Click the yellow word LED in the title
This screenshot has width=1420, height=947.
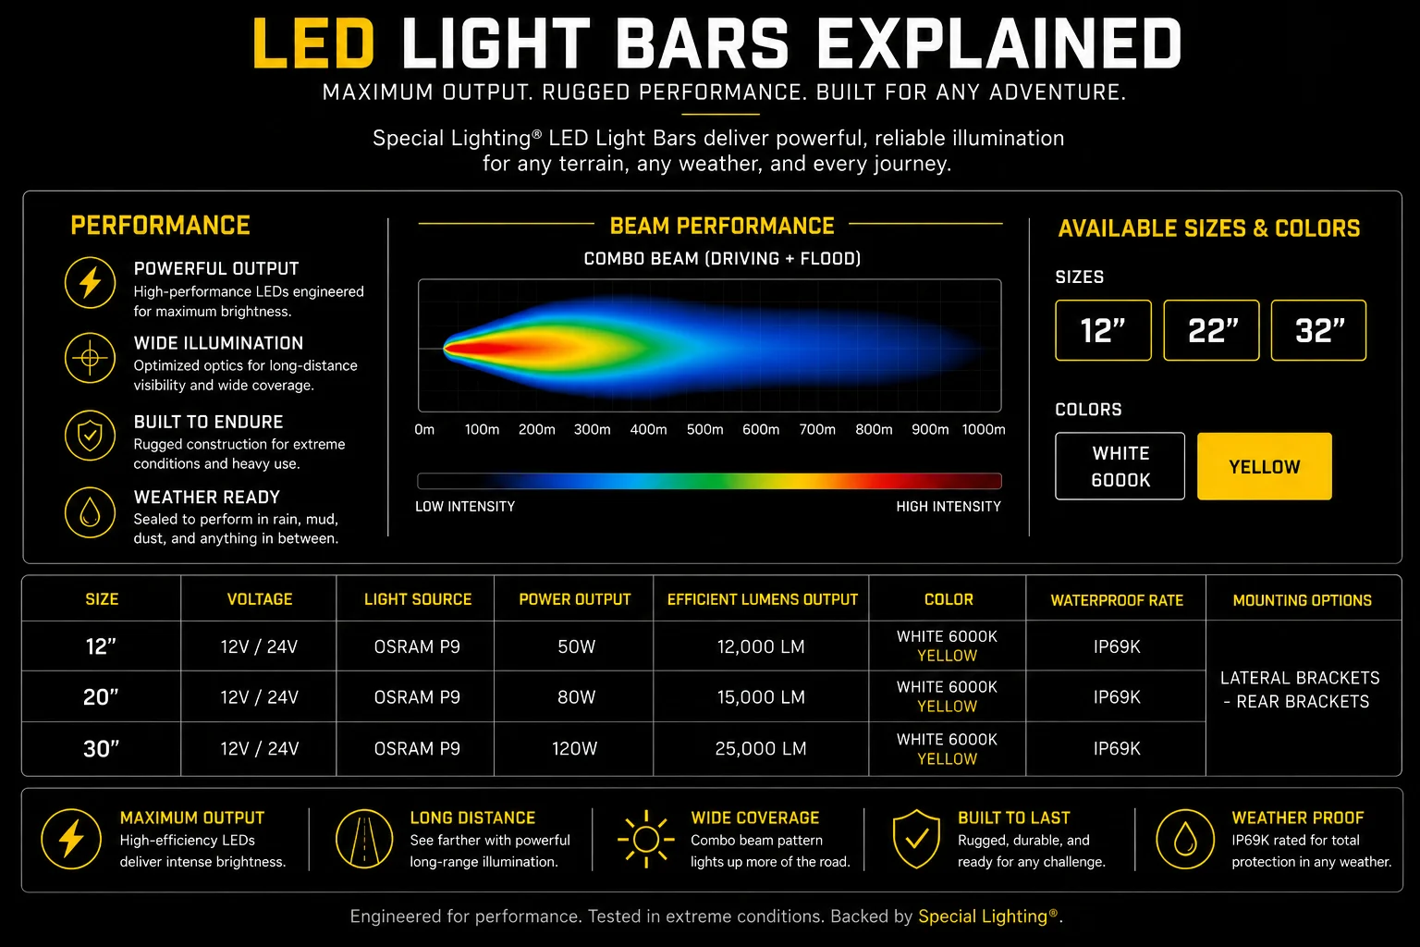coord(313,43)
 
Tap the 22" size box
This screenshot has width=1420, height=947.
coord(1211,330)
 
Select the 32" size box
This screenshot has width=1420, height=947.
coord(1318,330)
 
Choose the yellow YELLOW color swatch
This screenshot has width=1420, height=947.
coord(1264,466)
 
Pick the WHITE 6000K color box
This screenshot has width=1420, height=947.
coord(1120,466)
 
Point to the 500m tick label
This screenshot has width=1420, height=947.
coord(705,429)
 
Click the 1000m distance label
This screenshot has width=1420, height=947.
coord(984,429)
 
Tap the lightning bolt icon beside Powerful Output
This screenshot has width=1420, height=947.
coord(90,282)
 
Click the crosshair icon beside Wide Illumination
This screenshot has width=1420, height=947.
coord(90,358)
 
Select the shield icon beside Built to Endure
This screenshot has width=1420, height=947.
coord(90,436)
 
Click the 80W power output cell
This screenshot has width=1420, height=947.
coord(576,697)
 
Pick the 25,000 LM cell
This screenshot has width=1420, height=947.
coord(761,748)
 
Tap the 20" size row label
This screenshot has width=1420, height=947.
coord(101,697)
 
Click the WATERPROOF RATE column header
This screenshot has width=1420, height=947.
coord(1117,600)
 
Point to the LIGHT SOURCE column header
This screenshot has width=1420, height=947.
coord(418,599)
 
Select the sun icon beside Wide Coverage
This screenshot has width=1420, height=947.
coord(646,839)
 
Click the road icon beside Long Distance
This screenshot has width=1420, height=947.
coord(364,839)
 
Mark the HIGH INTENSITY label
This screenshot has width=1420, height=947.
coord(949,506)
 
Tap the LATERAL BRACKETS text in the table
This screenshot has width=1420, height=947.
coord(1300,678)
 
